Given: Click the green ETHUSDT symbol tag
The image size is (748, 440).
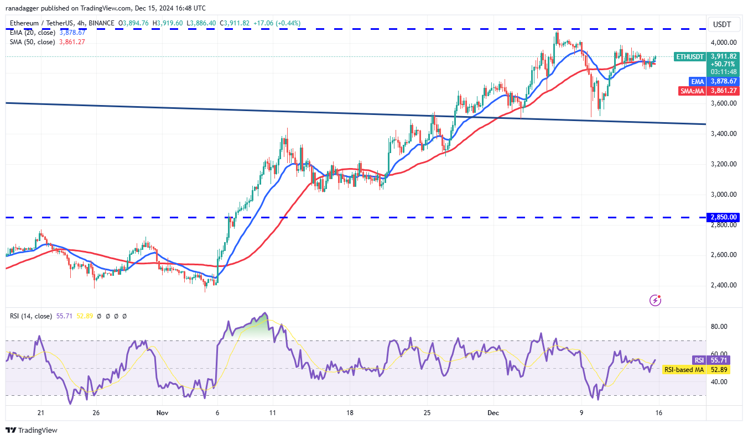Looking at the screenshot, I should coord(689,56).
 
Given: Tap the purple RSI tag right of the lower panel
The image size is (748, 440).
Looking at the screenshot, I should coord(699,360).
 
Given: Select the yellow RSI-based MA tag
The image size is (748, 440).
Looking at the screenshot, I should coord(684,369).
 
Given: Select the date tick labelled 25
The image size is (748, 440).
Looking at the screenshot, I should coord(427,412).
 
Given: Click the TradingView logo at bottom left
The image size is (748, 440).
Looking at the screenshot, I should coord(32,430).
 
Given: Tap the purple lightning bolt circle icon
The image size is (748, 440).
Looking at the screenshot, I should coord(656,300).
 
